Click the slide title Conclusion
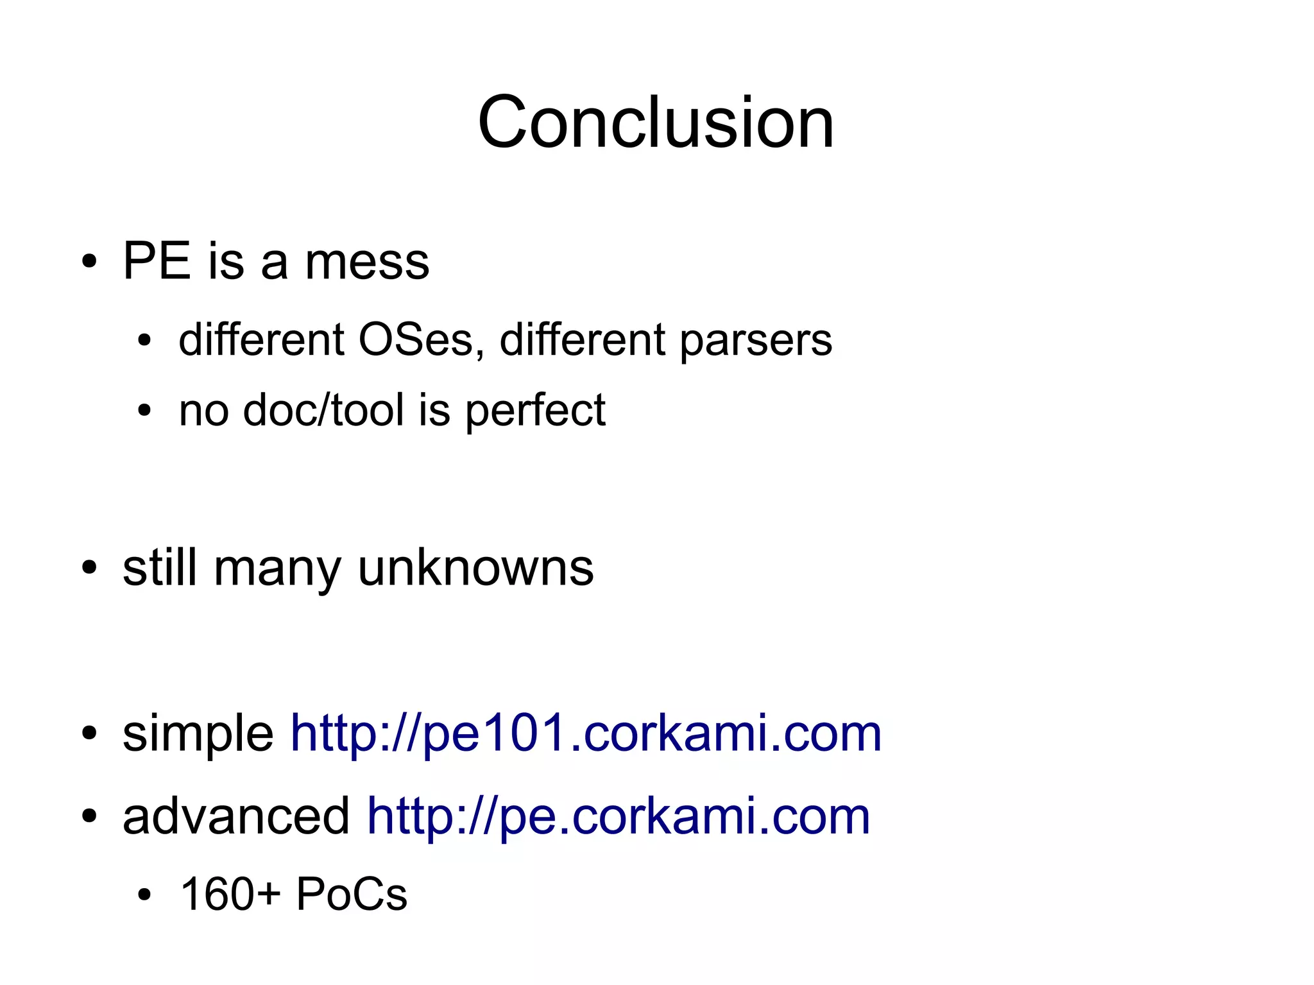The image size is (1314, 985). coord(656,122)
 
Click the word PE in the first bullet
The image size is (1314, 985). coord(157,262)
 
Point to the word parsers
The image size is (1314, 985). coord(755,341)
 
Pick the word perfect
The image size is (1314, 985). coord(535,411)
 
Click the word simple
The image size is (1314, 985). coord(198,734)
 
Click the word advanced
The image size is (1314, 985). coord(236,816)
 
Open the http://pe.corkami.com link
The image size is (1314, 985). coord(618,816)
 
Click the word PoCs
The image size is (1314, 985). coord(352,894)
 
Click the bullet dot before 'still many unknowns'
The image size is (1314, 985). coord(89,568)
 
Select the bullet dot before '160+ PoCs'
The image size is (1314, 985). coord(144,895)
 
